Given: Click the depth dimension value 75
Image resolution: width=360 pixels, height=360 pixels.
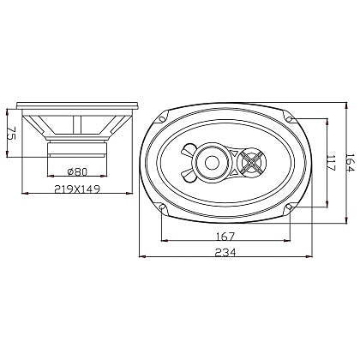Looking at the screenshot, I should click(x=11, y=135).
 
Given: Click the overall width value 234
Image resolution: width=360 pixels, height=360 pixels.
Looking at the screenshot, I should click(x=225, y=253).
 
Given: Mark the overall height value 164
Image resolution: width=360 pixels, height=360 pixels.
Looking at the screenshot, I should click(x=350, y=161).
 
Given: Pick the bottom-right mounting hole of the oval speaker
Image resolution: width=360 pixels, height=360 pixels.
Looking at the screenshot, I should click(x=291, y=207).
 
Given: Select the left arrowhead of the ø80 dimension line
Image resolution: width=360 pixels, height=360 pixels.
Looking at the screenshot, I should click(x=50, y=177).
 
